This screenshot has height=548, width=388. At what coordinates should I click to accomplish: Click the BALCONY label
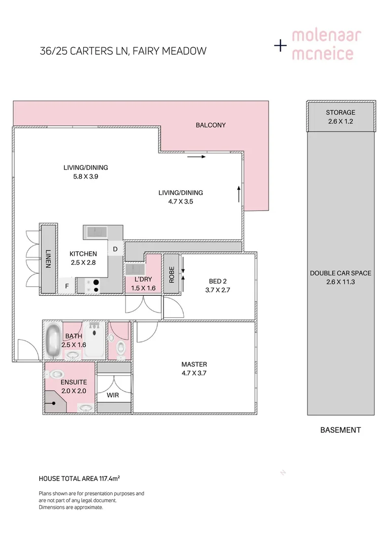coord(210,125)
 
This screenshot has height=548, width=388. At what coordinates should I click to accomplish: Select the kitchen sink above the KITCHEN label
coord(96,232)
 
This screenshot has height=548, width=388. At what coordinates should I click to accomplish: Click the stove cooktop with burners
coord(94,286)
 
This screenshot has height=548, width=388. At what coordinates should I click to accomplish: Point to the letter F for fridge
coord(66,286)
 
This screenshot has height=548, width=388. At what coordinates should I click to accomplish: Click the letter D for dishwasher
coord(115,249)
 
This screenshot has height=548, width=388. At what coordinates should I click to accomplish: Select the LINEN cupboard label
coord(48,258)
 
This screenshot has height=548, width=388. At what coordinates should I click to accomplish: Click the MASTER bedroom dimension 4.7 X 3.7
coord(194,373)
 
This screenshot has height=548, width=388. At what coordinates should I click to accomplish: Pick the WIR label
coord(113,394)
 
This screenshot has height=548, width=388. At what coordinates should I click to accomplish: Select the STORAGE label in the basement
coord(340,113)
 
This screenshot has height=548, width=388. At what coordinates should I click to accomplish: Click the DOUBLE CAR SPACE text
coord(340,273)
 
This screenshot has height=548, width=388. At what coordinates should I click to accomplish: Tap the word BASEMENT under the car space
coord(340,430)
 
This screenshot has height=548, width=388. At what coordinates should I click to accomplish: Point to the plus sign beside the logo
coord(280,46)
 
